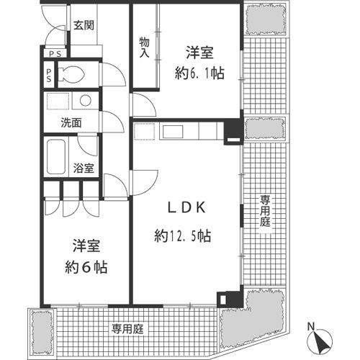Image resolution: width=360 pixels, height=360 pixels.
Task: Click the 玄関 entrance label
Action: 84,25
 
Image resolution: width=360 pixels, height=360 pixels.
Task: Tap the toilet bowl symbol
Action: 71,74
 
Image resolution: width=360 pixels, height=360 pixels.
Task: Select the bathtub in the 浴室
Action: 56,157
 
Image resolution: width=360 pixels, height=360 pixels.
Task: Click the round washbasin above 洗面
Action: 86,100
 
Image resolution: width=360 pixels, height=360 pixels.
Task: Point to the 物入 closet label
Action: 145,48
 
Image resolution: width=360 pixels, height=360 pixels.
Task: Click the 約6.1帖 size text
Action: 199,73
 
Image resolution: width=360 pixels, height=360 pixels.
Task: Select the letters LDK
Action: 186,207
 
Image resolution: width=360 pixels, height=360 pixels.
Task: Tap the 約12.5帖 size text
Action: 183,236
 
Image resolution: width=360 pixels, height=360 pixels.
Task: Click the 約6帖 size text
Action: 86,267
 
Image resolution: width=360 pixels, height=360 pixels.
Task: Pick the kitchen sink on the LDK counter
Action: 173,132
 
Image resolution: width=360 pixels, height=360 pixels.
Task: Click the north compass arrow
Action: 320,341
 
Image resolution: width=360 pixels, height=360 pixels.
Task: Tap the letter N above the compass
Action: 311,327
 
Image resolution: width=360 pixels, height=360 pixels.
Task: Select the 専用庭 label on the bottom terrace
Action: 127,329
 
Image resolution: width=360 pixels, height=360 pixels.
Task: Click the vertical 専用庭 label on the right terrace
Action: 265,211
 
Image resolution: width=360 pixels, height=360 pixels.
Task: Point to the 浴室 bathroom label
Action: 84,168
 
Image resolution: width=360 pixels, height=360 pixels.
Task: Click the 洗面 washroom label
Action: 71,123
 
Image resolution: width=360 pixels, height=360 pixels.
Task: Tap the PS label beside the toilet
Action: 49,75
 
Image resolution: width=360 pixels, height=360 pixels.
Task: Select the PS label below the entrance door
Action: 55,54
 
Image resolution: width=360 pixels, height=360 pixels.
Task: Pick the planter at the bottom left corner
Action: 42,333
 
